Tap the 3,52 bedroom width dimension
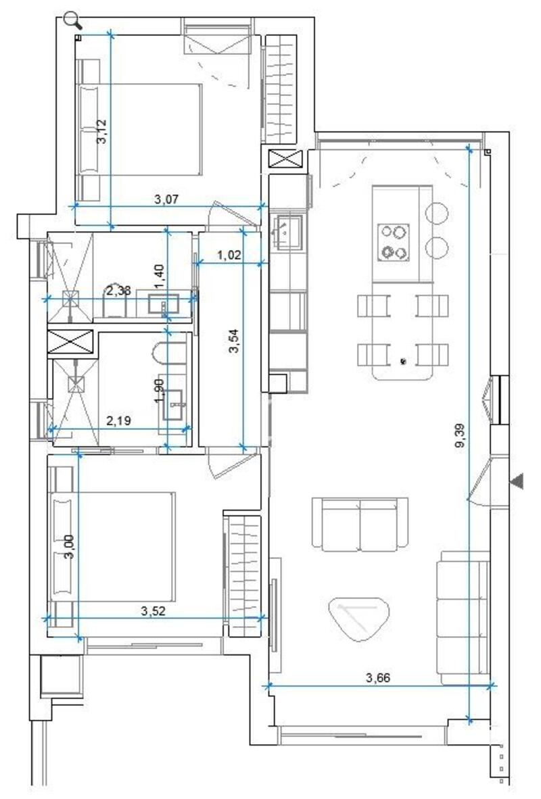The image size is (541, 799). [154, 610]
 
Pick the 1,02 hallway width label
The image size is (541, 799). [229, 256]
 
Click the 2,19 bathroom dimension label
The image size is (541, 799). [119, 420]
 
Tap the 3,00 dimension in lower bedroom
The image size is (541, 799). [69, 546]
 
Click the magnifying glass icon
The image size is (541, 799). [73, 20]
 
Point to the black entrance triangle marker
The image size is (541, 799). [517, 481]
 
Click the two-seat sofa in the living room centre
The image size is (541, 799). [360, 523]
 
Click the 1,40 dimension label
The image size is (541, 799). [160, 276]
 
